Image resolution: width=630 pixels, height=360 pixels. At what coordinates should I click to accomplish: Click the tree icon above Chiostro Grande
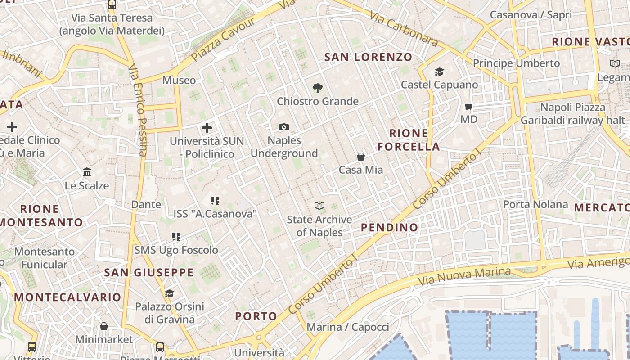318,88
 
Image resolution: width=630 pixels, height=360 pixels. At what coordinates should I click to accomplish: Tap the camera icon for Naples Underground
283,127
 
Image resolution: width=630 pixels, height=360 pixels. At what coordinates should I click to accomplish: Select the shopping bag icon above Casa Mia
360,157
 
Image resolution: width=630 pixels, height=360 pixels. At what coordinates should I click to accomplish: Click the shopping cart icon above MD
468,107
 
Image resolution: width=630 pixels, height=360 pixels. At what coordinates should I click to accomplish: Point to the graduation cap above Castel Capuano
439,72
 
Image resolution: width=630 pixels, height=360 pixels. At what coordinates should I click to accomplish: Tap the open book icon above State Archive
319,206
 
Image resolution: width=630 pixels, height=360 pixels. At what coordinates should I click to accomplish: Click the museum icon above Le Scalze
87,172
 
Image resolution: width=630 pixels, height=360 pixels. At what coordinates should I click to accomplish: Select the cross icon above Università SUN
207,128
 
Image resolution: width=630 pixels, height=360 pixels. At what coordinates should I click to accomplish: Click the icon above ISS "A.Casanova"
215,200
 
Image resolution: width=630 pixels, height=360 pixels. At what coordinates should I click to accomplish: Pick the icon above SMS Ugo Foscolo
176,237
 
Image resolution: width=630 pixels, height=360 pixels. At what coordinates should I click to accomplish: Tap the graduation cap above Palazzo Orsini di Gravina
169,293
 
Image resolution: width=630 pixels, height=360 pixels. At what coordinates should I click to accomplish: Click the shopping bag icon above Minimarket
104,326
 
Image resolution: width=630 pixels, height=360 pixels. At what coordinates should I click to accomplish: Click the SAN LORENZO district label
368,57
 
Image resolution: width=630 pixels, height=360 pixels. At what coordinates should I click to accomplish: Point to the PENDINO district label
390,227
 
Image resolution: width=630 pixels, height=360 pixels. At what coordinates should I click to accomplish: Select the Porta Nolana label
535,205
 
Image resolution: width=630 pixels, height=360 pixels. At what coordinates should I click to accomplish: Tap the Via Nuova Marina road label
464,275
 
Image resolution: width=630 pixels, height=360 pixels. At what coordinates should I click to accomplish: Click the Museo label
179,81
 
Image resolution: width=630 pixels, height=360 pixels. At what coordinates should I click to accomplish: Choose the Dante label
146,205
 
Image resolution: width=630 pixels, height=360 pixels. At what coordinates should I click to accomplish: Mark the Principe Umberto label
516,63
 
